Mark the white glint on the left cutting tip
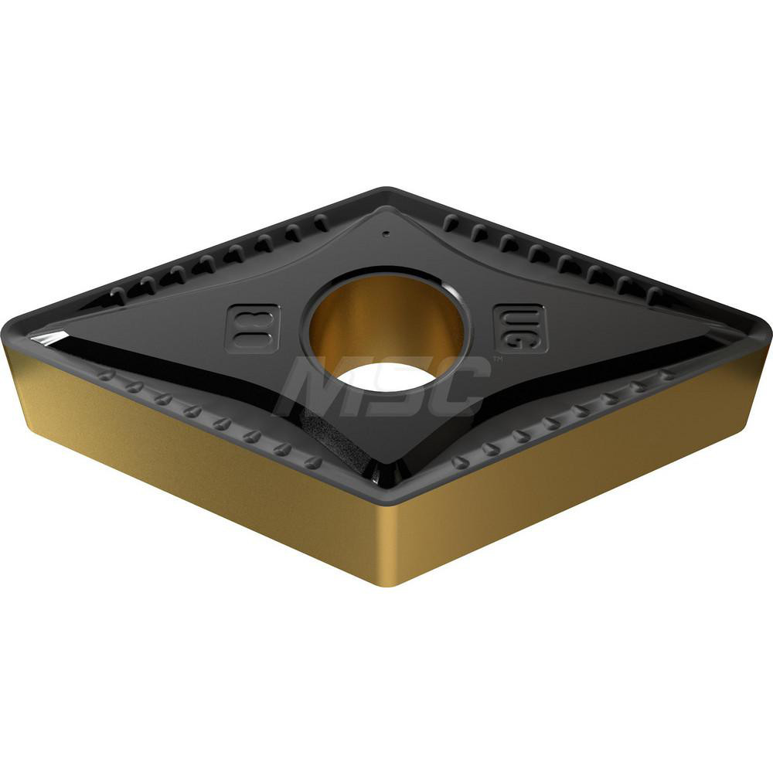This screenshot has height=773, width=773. (46, 338)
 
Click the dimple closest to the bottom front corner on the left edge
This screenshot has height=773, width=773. (313, 462)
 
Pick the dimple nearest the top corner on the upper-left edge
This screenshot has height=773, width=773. (321, 224)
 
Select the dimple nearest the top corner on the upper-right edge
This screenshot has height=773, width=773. (451, 225)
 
